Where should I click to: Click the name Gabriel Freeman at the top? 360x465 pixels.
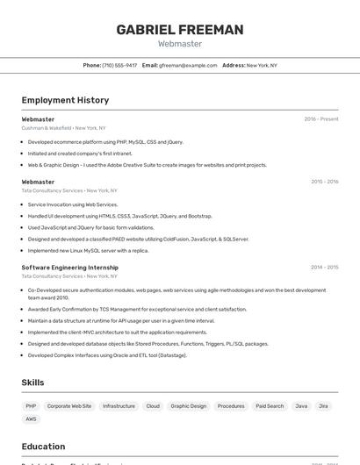[180, 30]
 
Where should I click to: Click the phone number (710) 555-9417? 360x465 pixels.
[119, 65]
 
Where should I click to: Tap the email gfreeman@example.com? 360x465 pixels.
[188, 65]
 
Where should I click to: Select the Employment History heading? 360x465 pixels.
[65, 100]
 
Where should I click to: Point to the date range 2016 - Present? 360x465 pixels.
[321, 119]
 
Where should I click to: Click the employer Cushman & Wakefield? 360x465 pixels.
[46, 128]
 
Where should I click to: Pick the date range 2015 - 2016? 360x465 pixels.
[324, 182]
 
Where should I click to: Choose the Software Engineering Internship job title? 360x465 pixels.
[69, 267]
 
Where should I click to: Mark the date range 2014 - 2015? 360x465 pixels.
[324, 267]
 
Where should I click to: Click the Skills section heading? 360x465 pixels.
[32, 383]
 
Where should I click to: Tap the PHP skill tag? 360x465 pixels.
[31, 406]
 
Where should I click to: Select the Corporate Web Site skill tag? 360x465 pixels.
[69, 406]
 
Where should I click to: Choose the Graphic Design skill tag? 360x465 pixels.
[189, 406]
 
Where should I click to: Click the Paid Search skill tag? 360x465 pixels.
[270, 406]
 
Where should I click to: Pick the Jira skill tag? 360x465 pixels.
[324, 406]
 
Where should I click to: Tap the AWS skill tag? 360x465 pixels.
[32, 419]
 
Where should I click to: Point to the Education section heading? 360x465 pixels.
[43, 447]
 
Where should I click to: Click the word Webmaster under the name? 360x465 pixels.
[180, 43]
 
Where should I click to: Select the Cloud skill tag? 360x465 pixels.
[153, 406]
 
